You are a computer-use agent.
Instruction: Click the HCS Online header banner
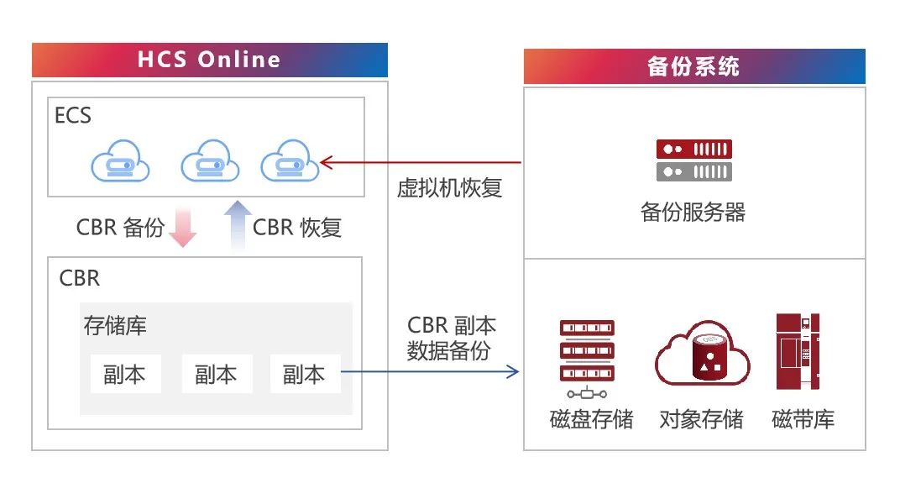pyautogui.click(x=209, y=60)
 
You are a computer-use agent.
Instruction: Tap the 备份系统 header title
pyautogui.click(x=693, y=66)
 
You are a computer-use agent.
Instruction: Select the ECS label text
pyautogui.click(x=72, y=115)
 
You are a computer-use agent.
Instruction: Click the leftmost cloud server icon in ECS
pyautogui.click(x=121, y=163)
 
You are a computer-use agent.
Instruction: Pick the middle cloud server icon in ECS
pyautogui.click(x=211, y=163)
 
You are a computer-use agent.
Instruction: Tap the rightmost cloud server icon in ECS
pyautogui.click(x=290, y=163)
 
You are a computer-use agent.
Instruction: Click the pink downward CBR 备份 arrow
pyautogui.click(x=182, y=228)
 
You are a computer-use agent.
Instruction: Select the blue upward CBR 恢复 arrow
pyautogui.click(x=238, y=226)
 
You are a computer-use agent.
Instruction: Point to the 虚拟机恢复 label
pyautogui.click(x=449, y=187)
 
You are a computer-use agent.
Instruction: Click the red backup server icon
pyautogui.click(x=693, y=160)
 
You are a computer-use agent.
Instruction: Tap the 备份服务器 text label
pyautogui.click(x=693, y=212)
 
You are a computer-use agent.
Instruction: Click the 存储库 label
pyautogui.click(x=115, y=325)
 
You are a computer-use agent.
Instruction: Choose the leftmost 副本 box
pyautogui.click(x=125, y=374)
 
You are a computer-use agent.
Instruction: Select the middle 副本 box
pyautogui.click(x=217, y=374)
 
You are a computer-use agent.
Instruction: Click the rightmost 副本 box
pyautogui.click(x=305, y=374)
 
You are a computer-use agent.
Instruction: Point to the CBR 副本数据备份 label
pyautogui.click(x=451, y=338)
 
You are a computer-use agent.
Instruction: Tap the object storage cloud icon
pyautogui.click(x=702, y=356)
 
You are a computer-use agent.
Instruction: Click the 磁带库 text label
pyautogui.click(x=803, y=419)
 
